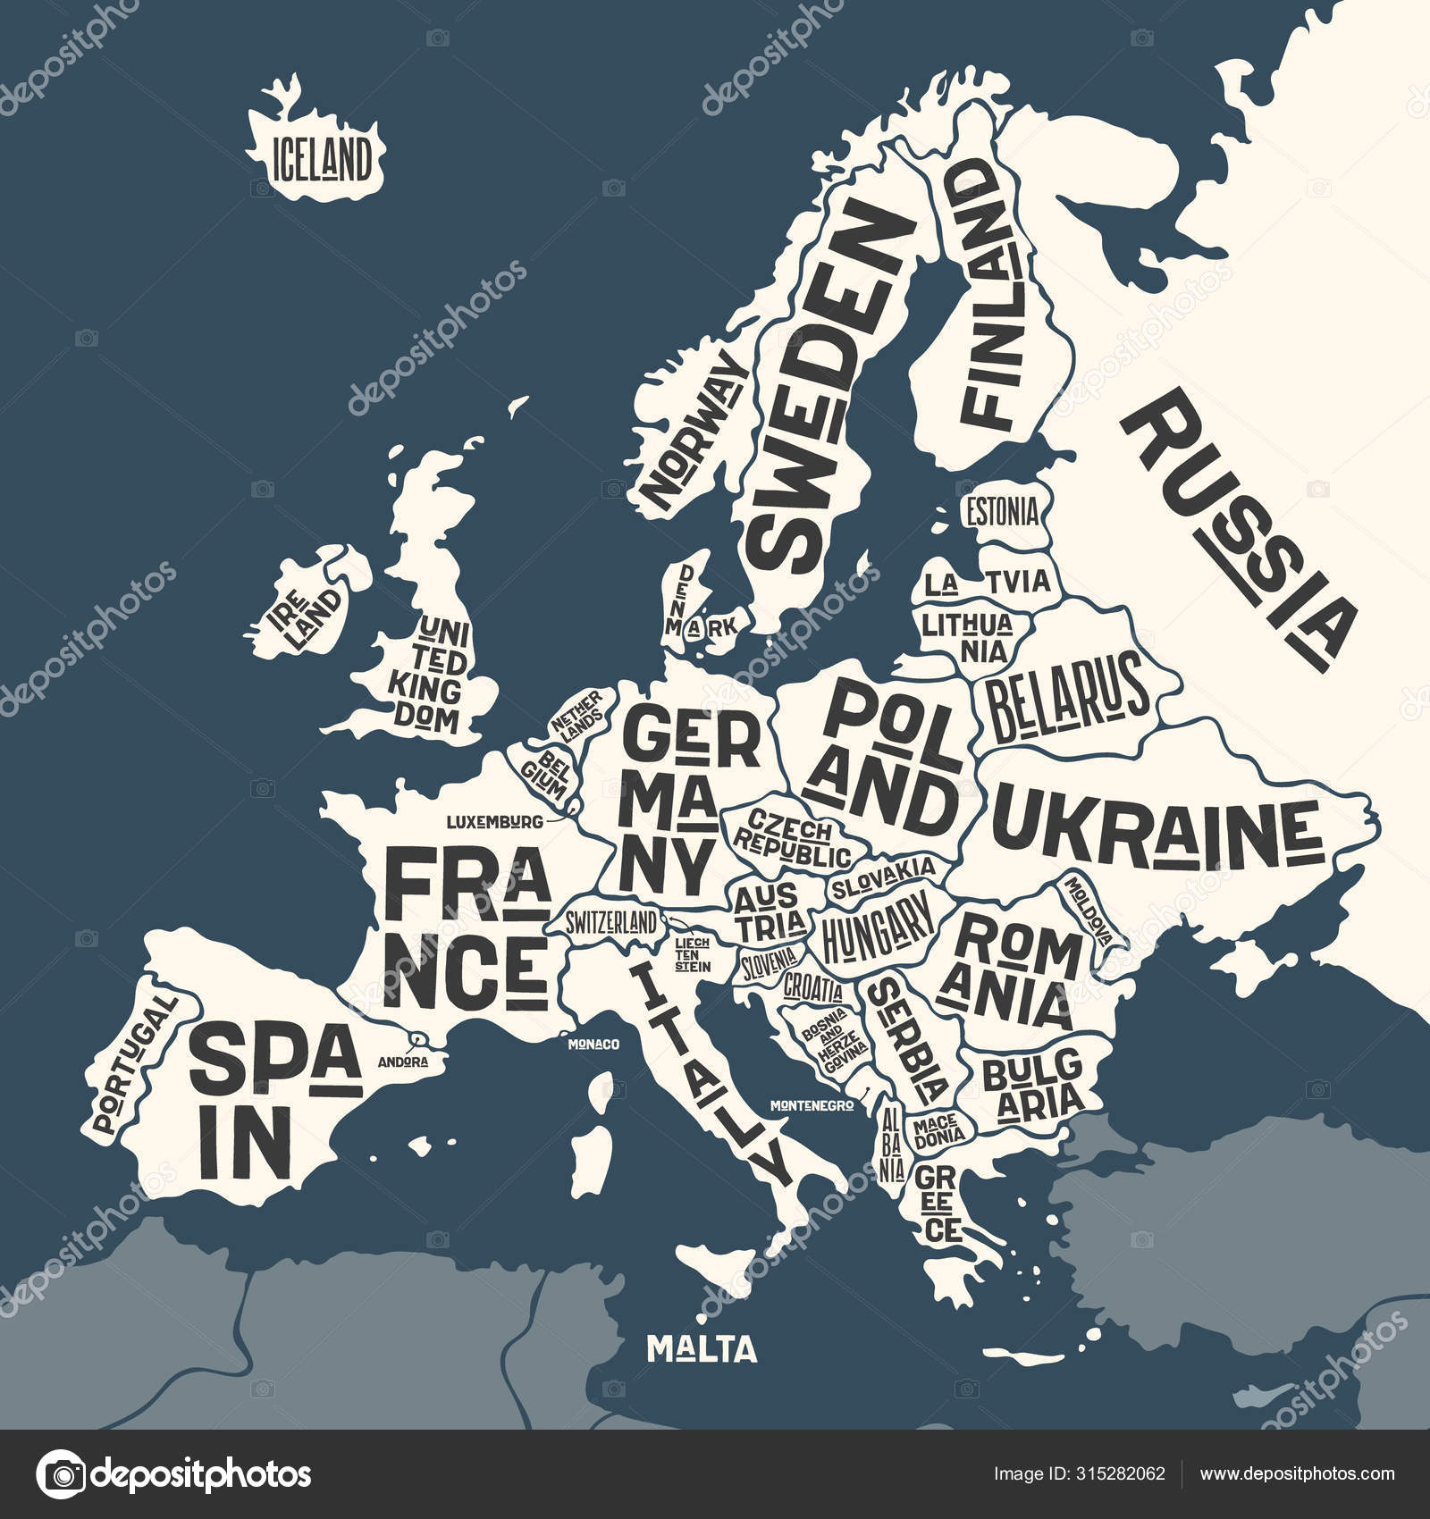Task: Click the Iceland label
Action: coord(321,160)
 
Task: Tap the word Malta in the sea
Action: coord(702,1348)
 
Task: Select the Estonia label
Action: coord(1001,513)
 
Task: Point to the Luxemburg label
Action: coord(495,819)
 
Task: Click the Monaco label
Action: coord(594,1043)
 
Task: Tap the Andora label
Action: coord(403,1062)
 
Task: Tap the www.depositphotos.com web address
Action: coord(1297,1473)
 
